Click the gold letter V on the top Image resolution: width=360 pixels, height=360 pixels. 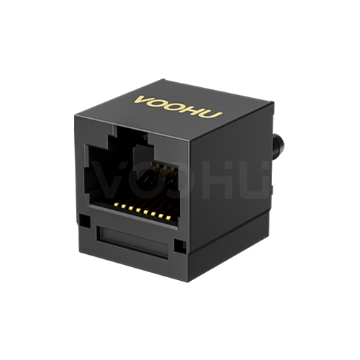click(143, 100)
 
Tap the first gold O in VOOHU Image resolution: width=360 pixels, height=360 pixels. click(160, 104)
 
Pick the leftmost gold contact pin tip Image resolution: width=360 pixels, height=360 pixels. click(116, 204)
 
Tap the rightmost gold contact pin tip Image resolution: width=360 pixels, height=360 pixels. click(168, 217)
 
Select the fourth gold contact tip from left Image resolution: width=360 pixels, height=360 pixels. click(138, 210)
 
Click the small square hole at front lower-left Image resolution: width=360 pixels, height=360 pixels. click(85, 221)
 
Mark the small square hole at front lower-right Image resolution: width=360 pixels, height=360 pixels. click(180, 246)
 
